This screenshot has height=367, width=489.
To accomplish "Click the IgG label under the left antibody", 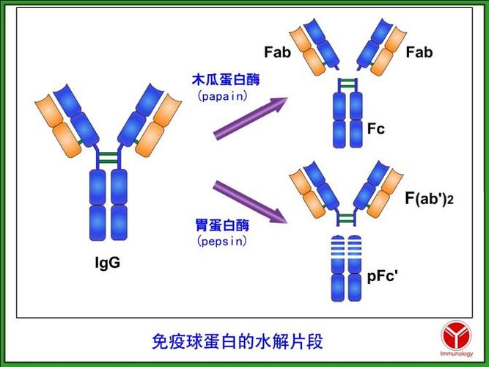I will pos(107,262).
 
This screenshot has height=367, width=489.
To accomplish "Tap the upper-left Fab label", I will pos(278,52).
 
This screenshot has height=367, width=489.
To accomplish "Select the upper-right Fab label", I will pos(419,52).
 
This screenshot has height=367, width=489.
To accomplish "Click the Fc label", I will pos(376,129).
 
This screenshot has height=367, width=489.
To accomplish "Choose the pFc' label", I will pos(382,277).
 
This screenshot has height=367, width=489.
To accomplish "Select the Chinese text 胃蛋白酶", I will pos(221,225).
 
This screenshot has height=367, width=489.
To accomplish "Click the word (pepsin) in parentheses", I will pos(221,240).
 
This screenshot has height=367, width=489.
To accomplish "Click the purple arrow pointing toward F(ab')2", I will pos(250,202).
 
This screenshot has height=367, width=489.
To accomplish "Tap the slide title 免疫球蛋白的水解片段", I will pos(236,341).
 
